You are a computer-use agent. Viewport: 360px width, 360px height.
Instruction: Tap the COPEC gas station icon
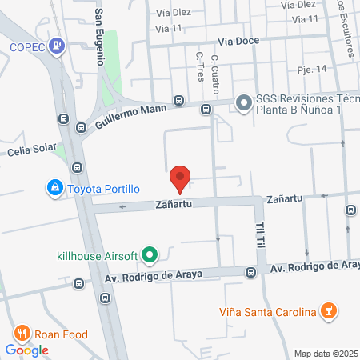tap(57, 46)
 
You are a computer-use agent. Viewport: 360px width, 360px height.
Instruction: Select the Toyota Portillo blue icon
tap(54, 189)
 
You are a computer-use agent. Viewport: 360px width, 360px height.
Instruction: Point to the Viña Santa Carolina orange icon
tap(326, 311)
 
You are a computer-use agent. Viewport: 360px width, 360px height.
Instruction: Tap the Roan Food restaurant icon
tap(22, 334)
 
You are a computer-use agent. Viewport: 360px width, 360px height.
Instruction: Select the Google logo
tap(27, 350)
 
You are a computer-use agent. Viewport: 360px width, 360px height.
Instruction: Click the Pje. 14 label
tap(311, 70)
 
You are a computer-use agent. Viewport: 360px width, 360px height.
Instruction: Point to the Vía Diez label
tap(174, 13)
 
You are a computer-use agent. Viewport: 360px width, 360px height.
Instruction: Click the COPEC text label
tap(28, 46)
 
